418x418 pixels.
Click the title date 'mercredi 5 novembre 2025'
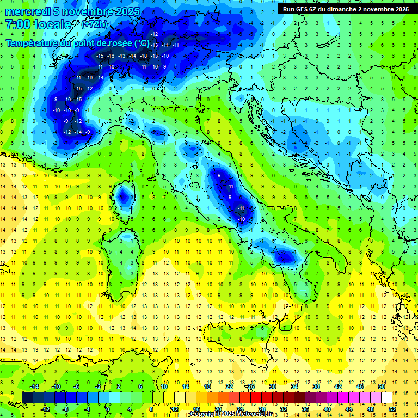(73, 11)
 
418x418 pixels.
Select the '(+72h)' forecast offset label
(94, 24)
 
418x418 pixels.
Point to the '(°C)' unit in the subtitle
(142, 43)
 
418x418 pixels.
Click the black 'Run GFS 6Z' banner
(346, 9)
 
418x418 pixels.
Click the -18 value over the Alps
(144, 56)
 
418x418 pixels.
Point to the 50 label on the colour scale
(382, 386)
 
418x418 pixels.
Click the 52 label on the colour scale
(392, 409)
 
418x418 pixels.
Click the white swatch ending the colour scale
(386, 398)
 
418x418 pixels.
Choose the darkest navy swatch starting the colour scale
(27, 398)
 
